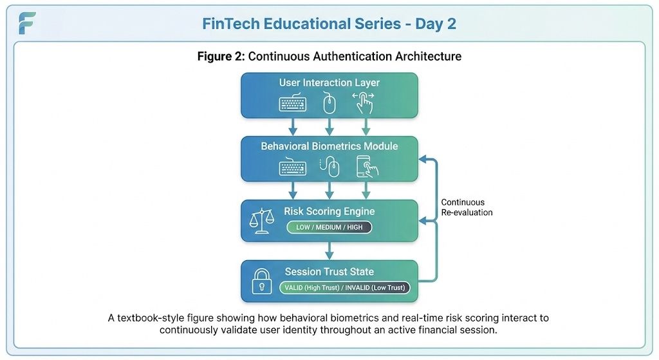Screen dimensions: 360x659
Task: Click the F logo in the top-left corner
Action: (27, 23)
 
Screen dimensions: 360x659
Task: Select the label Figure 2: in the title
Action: (221, 56)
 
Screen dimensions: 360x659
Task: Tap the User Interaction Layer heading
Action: (329, 82)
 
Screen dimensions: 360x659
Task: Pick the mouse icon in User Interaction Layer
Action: (329, 102)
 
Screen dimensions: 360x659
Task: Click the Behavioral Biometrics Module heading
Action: (329, 146)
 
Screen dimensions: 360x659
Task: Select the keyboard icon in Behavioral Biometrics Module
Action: (293, 167)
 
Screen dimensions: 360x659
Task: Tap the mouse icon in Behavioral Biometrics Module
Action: (330, 167)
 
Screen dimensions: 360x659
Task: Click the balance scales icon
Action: (261, 221)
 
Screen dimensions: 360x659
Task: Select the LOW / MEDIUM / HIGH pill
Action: (329, 227)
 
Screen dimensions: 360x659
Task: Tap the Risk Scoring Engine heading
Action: (329, 211)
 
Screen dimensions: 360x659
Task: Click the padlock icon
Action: (261, 281)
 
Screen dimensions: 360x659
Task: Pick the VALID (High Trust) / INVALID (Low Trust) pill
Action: (344, 287)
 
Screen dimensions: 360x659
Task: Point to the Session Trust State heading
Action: (329, 272)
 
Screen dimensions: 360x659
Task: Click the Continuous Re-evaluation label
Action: (467, 207)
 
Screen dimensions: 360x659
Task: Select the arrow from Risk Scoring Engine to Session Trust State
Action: (329, 251)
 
